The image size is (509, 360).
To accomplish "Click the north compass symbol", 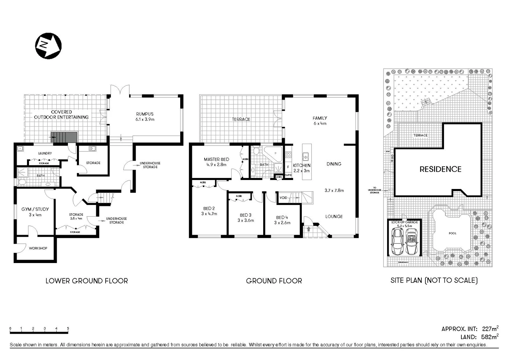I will click(x=48, y=46).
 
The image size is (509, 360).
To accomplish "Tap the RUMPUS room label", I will click(x=145, y=114).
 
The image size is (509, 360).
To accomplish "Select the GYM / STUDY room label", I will click(x=35, y=209).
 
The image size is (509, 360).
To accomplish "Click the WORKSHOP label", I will click(x=38, y=248).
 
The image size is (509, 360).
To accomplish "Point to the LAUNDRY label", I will click(x=45, y=153).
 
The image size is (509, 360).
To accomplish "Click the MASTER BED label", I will click(x=217, y=159).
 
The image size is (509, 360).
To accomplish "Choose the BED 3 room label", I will click(x=246, y=215).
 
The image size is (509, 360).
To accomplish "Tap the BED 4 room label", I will click(x=282, y=217).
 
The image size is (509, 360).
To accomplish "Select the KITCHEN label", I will click(x=301, y=165).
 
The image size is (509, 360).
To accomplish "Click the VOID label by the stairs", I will click(x=283, y=198).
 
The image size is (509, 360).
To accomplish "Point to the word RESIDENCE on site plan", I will click(x=440, y=169).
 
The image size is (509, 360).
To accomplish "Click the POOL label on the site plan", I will click(x=452, y=233).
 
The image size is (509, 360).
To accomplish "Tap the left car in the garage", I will click(x=397, y=241).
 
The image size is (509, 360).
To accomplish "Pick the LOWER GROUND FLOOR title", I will click(x=87, y=281).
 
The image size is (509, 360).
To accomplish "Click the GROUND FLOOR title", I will click(x=274, y=281).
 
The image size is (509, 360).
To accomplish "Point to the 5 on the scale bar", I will click(x=68, y=328).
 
